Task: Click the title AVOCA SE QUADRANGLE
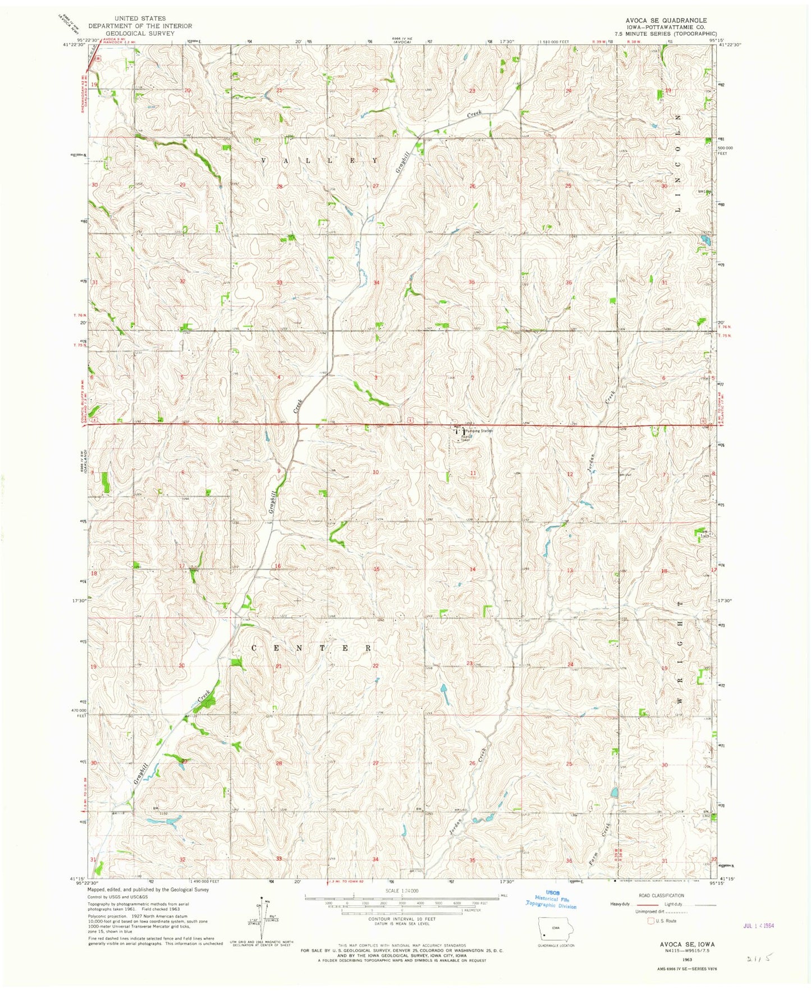pos(662,20)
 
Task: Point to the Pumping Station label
pos(478,431)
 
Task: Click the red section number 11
pos(473,473)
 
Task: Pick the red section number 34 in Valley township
pos(376,282)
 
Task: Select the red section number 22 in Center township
pos(375,666)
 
